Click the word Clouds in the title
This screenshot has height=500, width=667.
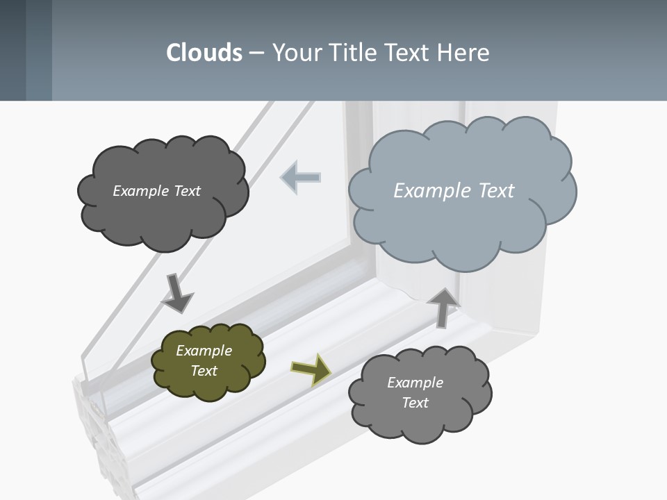(204, 53)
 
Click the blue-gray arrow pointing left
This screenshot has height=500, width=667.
(301, 178)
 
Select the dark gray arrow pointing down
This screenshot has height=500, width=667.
(176, 293)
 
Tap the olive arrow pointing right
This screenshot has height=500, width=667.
(312, 369)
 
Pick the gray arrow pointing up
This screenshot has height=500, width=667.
(443, 306)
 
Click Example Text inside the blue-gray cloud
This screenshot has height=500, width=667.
(454, 190)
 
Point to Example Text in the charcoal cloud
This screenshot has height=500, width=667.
(156, 190)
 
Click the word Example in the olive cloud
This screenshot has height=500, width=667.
(204, 351)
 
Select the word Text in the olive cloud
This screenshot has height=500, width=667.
(204, 371)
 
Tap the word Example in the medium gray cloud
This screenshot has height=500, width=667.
(415, 383)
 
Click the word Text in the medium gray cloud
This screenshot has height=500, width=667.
(415, 403)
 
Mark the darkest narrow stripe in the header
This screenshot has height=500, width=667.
(13, 50)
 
